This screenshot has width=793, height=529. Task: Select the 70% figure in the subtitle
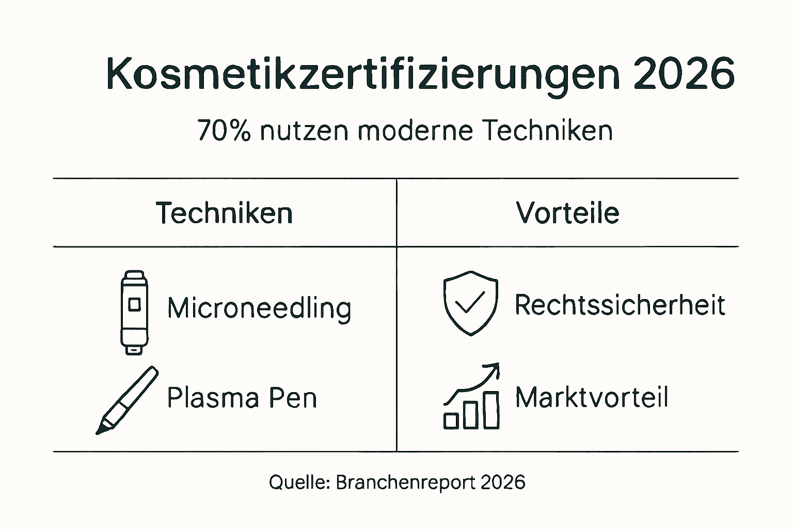224,130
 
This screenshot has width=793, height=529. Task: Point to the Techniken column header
224,213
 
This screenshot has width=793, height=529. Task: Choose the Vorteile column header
567,213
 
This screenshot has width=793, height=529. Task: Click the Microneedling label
259,308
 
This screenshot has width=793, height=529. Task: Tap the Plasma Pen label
242,398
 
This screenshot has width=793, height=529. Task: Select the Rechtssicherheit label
620,305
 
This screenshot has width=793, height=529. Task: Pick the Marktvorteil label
592,398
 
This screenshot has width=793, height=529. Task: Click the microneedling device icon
134,312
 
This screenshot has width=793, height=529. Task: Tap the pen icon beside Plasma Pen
127,400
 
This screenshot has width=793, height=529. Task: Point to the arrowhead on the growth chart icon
494,368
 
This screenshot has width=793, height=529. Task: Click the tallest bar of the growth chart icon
491,410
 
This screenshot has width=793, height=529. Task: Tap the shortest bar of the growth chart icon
451,421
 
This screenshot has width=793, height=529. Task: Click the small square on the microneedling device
134,304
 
